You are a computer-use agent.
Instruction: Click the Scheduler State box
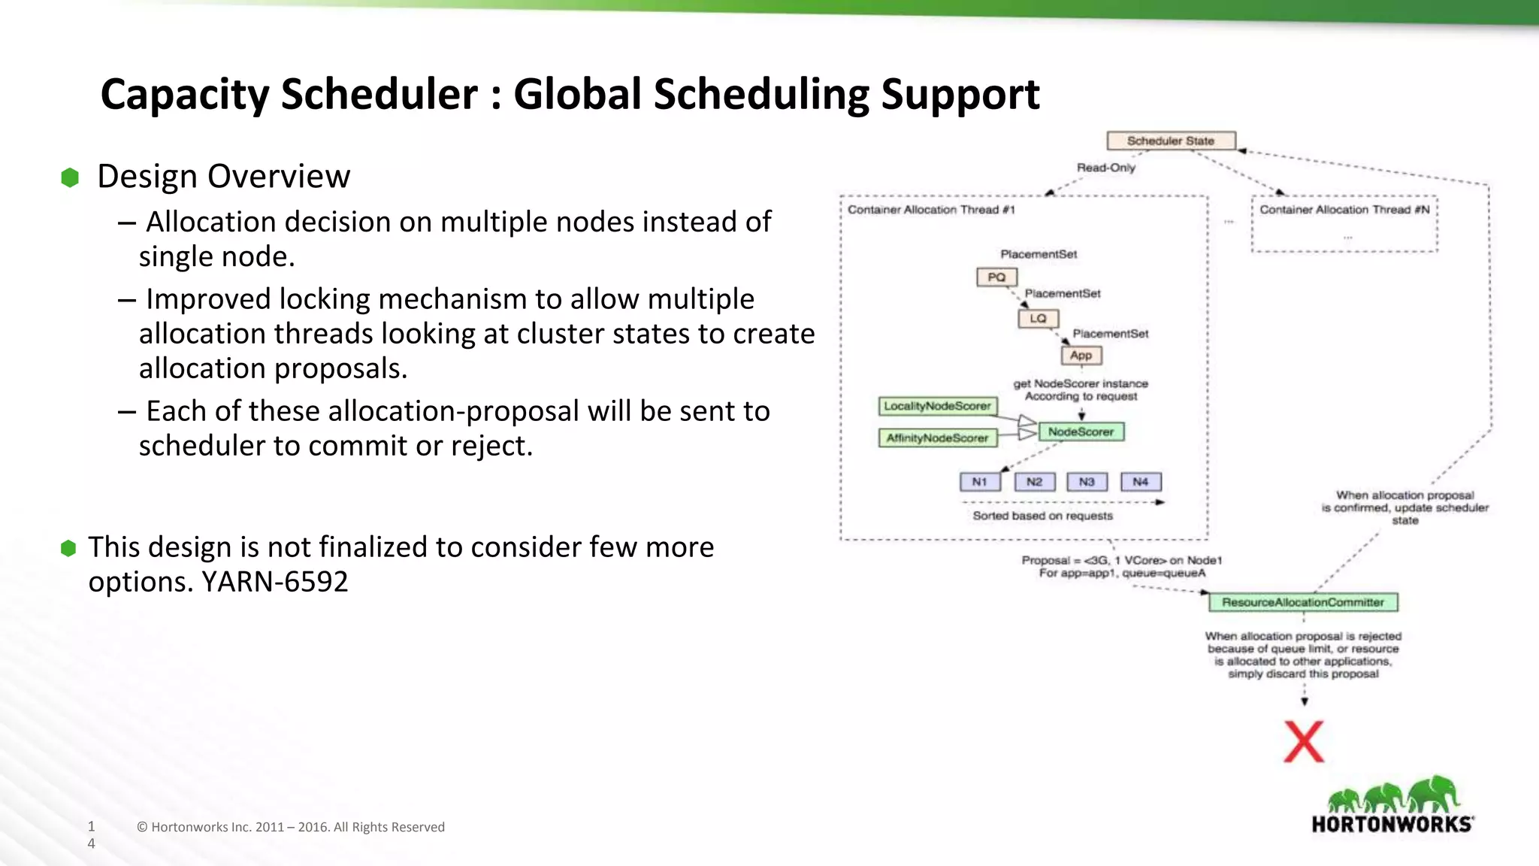click(1170, 141)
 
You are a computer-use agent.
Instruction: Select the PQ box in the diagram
click(996, 277)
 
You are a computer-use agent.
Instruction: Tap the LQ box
click(1038, 319)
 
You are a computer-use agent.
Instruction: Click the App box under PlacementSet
click(1081, 356)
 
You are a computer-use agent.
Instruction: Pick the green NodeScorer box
click(1081, 432)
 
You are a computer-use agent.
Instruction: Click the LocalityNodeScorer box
click(937, 407)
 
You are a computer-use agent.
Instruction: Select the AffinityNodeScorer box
click(937, 438)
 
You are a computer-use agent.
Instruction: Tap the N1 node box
click(979, 482)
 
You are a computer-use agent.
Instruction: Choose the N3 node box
click(1087, 482)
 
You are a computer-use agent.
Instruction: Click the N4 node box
click(1140, 482)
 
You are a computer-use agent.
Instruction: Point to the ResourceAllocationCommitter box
click(1302, 603)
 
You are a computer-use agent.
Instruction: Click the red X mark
click(1304, 742)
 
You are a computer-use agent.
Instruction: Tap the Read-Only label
click(1105, 168)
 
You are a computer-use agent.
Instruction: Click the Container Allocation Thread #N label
click(1344, 210)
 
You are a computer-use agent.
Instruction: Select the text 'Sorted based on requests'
click(1042, 516)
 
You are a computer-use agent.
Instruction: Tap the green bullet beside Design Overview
click(70, 178)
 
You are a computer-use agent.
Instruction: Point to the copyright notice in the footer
click(291, 827)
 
